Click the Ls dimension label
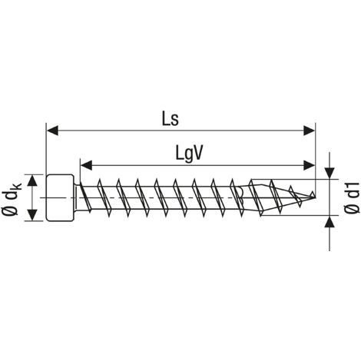coord(171,119)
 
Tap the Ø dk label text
coord(12,197)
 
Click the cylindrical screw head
coord(60,197)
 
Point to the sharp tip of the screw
coord(314,197)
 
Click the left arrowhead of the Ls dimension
coord(52,131)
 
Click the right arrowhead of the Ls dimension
coord(309,131)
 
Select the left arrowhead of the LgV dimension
coord(86,165)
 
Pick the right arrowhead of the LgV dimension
coord(309,165)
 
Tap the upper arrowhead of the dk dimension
coord(32,180)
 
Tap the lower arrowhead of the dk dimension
coord(32,214)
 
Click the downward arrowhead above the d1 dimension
coord(330,174)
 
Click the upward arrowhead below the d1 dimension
coord(330,221)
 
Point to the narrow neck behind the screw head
coord(76,197)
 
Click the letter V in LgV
coord(197,153)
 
